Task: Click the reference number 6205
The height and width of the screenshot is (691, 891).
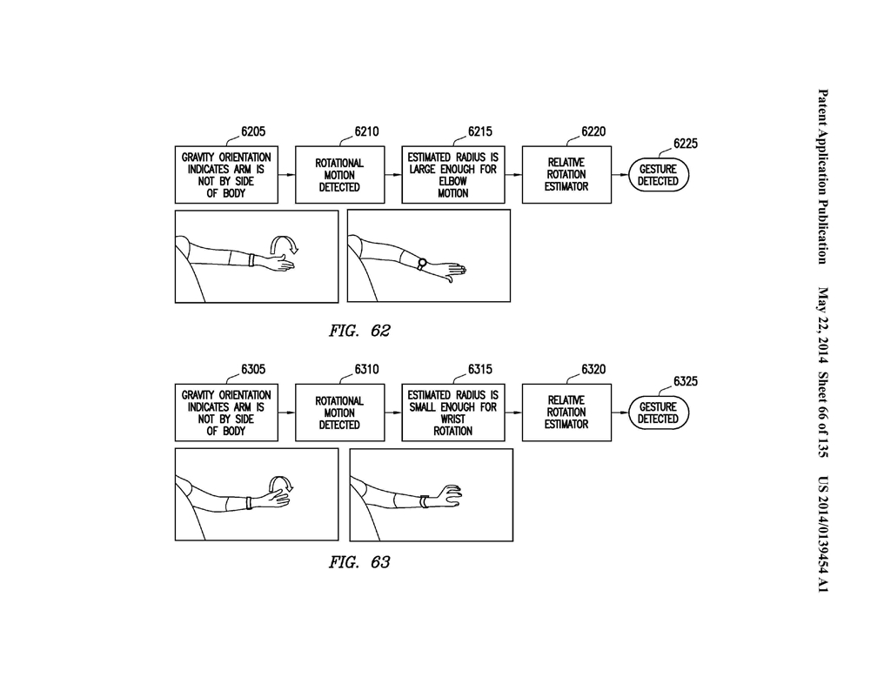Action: pos(253,131)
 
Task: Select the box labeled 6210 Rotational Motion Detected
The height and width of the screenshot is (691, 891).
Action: pos(340,174)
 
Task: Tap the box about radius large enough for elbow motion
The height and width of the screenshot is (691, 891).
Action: pos(452,174)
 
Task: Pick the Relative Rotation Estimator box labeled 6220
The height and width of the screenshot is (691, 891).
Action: pos(566,174)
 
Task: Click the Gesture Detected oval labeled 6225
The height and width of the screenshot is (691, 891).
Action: pos(658,175)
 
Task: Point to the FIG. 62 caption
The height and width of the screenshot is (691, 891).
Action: pos(359,331)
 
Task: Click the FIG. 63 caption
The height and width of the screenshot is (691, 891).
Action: pos(359,562)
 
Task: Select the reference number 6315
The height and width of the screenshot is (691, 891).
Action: pos(480,369)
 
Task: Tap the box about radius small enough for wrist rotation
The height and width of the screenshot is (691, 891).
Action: pos(452,413)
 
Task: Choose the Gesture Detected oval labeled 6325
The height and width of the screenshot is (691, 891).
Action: pos(658,413)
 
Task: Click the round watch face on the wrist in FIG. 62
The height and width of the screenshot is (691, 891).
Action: pos(422,263)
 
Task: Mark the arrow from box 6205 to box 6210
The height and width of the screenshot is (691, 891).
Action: pos(286,174)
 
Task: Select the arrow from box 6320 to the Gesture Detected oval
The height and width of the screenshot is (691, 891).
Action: pos(620,413)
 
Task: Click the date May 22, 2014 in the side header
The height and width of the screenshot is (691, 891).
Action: pos(822,325)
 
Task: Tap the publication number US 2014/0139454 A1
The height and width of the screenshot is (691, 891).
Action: pos(822,534)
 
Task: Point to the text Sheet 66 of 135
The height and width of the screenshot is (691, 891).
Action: pos(822,414)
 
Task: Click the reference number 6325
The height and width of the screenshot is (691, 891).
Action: pos(686,381)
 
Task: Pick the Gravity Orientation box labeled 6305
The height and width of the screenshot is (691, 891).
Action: pos(226,413)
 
